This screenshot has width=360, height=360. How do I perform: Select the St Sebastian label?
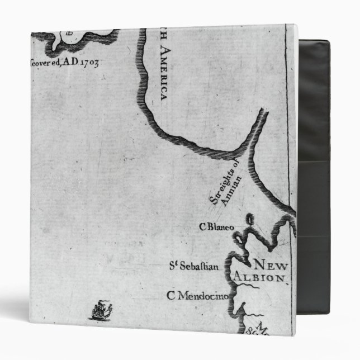[193, 266]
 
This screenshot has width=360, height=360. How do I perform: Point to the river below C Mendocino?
[240, 307]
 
